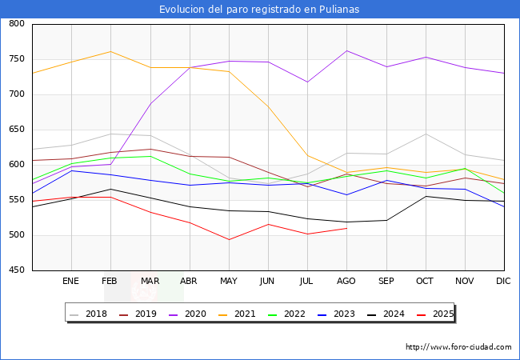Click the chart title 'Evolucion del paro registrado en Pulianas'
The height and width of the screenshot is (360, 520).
(259, 10)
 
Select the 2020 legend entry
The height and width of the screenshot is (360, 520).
(199, 314)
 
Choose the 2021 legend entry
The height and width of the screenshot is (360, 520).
(245, 314)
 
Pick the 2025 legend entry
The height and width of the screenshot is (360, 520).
(442, 314)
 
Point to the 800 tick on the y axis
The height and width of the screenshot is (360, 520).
(16, 24)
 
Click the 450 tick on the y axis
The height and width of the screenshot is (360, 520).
(16, 270)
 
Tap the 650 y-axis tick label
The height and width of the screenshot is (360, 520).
(16, 130)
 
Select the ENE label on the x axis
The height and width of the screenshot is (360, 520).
(71, 282)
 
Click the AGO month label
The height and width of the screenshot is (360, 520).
(346, 282)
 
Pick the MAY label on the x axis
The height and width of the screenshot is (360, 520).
(229, 282)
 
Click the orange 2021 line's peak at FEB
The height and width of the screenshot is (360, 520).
(110, 51)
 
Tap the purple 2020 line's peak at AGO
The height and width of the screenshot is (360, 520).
(346, 50)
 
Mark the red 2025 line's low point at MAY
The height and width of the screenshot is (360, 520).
(229, 239)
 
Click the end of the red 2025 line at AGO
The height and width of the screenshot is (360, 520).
(346, 228)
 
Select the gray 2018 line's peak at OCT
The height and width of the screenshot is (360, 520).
(426, 134)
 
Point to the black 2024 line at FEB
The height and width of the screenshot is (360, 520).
(110, 190)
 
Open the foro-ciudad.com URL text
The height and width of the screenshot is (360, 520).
(458, 347)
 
